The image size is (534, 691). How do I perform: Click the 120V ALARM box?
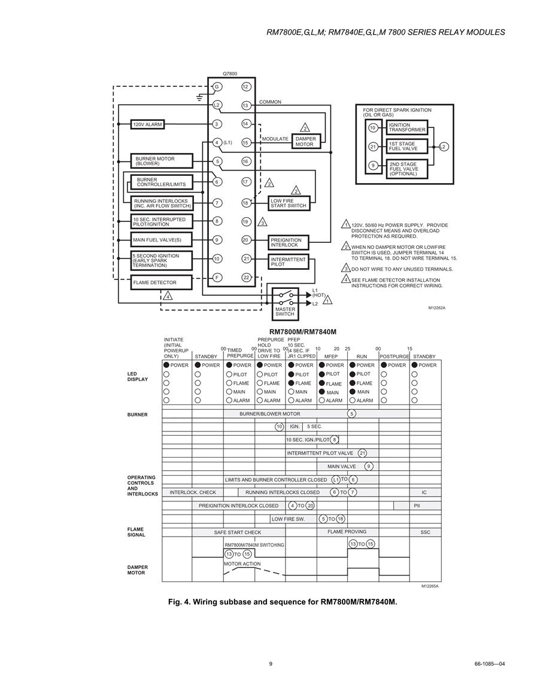147,124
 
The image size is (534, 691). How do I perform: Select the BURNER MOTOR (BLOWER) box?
162,161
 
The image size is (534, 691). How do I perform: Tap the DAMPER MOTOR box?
305,141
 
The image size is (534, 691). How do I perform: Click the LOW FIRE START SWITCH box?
289,203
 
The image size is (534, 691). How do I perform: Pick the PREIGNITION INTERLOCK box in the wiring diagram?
289,242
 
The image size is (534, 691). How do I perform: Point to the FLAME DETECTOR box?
162,282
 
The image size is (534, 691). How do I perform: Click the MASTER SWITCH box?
285,304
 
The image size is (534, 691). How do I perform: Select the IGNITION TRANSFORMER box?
407,127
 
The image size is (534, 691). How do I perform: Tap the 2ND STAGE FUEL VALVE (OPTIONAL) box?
407,169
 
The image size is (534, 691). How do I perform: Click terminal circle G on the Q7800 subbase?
217,87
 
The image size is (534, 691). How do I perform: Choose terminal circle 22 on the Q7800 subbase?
246,277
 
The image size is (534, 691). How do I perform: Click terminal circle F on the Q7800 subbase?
217,277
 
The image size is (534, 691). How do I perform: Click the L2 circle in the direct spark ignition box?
444,147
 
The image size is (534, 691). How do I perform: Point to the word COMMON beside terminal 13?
270,102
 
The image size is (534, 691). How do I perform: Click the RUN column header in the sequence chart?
362,356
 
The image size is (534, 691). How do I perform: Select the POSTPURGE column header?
395,356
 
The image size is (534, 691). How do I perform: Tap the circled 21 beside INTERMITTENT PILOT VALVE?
362,453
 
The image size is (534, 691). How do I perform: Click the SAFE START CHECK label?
238,532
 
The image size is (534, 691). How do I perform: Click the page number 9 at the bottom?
271,663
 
